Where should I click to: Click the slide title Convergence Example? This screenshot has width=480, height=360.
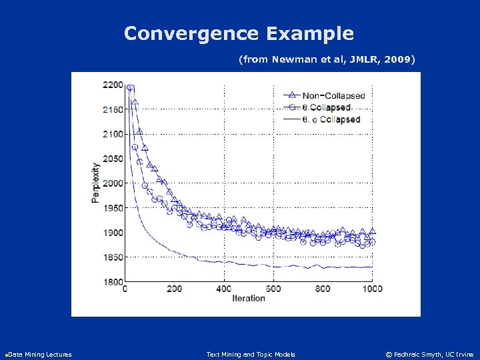coord(239,33)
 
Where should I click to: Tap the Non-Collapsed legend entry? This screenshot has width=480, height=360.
coord(333,95)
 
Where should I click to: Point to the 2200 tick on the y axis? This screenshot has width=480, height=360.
coord(113,85)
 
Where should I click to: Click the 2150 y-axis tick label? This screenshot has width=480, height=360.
coord(113,109)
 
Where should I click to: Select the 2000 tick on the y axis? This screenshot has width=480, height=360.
coord(113,183)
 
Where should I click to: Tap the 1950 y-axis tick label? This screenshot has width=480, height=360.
coord(113,208)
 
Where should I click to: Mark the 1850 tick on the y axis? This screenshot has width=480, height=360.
coord(113,257)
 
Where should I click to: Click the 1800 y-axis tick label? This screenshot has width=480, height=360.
coord(113,282)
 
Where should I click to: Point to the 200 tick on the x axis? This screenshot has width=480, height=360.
coord(174,289)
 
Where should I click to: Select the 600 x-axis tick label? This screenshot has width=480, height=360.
coord(273,289)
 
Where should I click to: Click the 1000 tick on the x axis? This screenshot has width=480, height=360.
coord(372,289)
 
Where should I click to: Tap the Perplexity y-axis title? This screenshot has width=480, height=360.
coord(97,183)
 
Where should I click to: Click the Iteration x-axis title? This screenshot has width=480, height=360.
coord(248,298)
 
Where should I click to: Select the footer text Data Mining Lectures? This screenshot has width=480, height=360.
coord(39,354)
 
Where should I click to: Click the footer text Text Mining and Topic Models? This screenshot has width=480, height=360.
coord(251,354)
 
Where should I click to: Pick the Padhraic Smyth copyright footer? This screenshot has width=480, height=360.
coord(430,354)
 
